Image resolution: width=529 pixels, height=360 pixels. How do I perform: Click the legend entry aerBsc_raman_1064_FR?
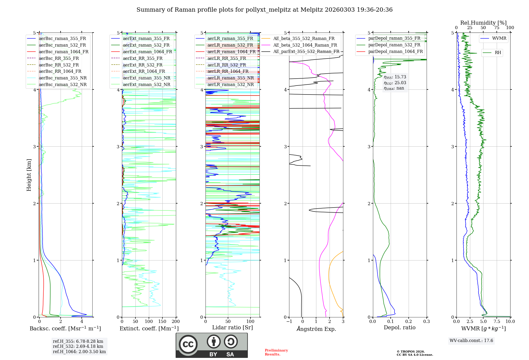click(63, 52)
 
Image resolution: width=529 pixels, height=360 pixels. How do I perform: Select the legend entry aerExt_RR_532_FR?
click(143, 65)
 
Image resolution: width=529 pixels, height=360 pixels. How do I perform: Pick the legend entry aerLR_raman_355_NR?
click(230, 78)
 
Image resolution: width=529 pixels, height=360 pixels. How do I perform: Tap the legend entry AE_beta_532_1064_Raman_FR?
click(305, 45)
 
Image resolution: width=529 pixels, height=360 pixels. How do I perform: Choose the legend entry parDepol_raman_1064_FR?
click(395, 51)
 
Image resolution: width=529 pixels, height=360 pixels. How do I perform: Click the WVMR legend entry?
click(499, 38)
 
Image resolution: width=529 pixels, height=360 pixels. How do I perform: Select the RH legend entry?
click(498, 53)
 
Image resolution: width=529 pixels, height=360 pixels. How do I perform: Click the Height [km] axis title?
click(29, 175)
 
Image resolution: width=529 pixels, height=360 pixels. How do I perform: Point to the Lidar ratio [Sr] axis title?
click(232, 327)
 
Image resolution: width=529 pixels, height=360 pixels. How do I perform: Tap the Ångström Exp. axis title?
click(316, 329)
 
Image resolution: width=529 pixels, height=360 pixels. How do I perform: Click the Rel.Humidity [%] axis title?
click(483, 23)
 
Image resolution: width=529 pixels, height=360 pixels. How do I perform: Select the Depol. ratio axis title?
click(399, 327)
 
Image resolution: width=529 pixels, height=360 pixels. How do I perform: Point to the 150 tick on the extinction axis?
click(162, 321)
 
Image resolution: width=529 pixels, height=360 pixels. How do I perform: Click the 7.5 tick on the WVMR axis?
click(497, 321)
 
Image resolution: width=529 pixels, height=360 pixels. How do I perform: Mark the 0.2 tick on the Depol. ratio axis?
click(409, 321)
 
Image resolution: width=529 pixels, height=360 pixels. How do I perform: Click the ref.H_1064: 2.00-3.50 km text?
click(79, 352)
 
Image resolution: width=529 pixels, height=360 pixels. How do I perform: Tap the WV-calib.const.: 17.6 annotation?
click(471, 340)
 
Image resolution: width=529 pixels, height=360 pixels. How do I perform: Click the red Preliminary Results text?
click(276, 352)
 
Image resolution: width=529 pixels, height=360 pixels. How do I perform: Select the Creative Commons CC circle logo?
click(188, 344)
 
